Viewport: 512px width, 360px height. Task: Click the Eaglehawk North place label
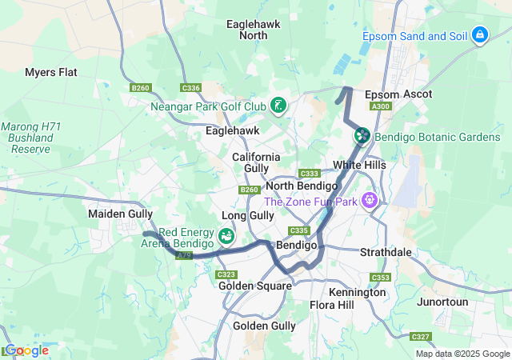click(x=253, y=30)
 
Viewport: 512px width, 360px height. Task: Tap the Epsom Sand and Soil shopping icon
click(x=480, y=35)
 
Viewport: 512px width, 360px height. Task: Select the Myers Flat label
click(x=51, y=72)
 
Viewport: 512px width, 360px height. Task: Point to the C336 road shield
click(x=191, y=88)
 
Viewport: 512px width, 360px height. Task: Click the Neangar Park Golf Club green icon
click(x=278, y=106)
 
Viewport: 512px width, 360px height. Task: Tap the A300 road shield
click(x=381, y=106)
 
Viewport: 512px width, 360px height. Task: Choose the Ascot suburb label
click(x=417, y=94)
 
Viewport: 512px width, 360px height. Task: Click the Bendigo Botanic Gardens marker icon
click(x=362, y=137)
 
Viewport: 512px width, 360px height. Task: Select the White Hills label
click(x=359, y=165)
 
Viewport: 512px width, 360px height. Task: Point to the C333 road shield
click(x=310, y=174)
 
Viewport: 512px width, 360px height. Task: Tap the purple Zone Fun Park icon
click(x=370, y=200)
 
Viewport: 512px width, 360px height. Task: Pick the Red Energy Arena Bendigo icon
click(x=226, y=237)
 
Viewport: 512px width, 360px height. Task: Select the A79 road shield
click(x=184, y=255)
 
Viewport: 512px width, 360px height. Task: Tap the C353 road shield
click(x=379, y=278)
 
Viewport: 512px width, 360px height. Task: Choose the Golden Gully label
click(x=264, y=326)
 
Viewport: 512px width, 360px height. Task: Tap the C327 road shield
click(x=421, y=337)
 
